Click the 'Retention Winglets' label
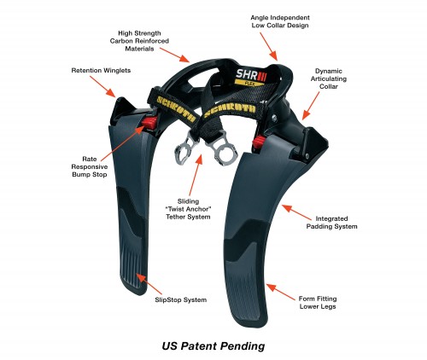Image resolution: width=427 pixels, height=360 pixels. pyautogui.click(x=101, y=71)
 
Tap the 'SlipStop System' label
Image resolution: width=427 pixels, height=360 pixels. pyautogui.click(x=181, y=299)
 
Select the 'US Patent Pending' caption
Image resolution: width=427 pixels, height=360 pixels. pyautogui.click(x=213, y=346)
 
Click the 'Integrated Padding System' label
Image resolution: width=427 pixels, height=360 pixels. pyautogui.click(x=331, y=223)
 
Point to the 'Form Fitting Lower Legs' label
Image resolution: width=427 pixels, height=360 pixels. pyautogui.click(x=318, y=303)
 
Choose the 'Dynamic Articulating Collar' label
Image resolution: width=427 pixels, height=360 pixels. pyautogui.click(x=329, y=78)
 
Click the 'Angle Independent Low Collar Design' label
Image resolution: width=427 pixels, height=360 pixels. pyautogui.click(x=280, y=21)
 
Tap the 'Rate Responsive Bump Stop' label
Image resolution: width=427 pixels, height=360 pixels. pyautogui.click(x=90, y=166)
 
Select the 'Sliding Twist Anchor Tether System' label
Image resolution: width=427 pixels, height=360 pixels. pyautogui.click(x=188, y=209)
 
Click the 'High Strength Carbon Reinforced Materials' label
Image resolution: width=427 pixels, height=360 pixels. pyautogui.click(x=139, y=41)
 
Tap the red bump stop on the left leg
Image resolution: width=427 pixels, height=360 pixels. pyautogui.click(x=149, y=123)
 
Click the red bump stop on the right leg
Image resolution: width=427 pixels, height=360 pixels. pyautogui.click(x=259, y=142)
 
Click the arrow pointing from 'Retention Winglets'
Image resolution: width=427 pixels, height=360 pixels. pyautogui.click(x=102, y=87)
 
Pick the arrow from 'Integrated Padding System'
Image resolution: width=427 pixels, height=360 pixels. pyautogui.click(x=296, y=212)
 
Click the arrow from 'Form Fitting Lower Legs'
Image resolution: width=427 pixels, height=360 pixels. pyautogui.click(x=280, y=292)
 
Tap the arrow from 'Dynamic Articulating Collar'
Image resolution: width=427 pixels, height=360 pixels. pyautogui.click(x=311, y=106)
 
